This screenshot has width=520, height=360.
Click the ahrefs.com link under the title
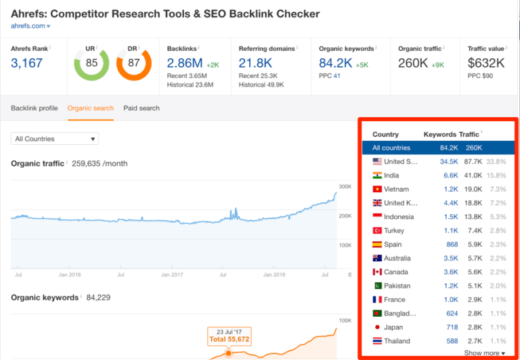28,26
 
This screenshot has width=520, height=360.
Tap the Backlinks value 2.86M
184,63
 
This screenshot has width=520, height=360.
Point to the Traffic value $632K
487,63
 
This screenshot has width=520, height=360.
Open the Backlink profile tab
34,108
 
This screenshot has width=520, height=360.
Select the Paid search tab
142,108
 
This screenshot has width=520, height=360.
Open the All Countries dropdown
55,139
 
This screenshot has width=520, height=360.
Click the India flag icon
377,175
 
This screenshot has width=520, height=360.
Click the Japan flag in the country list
377,328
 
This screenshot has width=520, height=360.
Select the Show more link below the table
484,353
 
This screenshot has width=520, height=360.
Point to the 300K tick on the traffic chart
344,185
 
